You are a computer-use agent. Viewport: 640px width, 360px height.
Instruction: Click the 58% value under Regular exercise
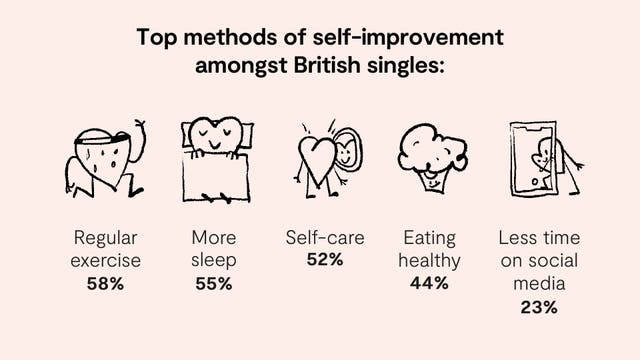(x=105, y=283)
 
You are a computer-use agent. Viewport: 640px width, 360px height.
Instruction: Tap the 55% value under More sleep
(x=213, y=283)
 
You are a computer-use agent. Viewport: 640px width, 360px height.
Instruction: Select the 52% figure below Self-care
(x=325, y=260)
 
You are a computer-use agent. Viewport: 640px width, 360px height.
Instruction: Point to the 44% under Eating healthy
(x=429, y=283)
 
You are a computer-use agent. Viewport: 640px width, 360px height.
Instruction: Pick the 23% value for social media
(x=539, y=307)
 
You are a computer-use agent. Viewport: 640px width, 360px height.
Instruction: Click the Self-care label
(x=325, y=238)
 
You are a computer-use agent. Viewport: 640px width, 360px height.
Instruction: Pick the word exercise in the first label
(x=105, y=261)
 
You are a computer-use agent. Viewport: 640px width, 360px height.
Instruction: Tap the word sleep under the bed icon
(x=213, y=261)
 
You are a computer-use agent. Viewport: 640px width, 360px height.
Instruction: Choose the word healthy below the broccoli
(x=429, y=261)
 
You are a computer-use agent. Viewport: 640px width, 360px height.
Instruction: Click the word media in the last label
(x=539, y=284)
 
